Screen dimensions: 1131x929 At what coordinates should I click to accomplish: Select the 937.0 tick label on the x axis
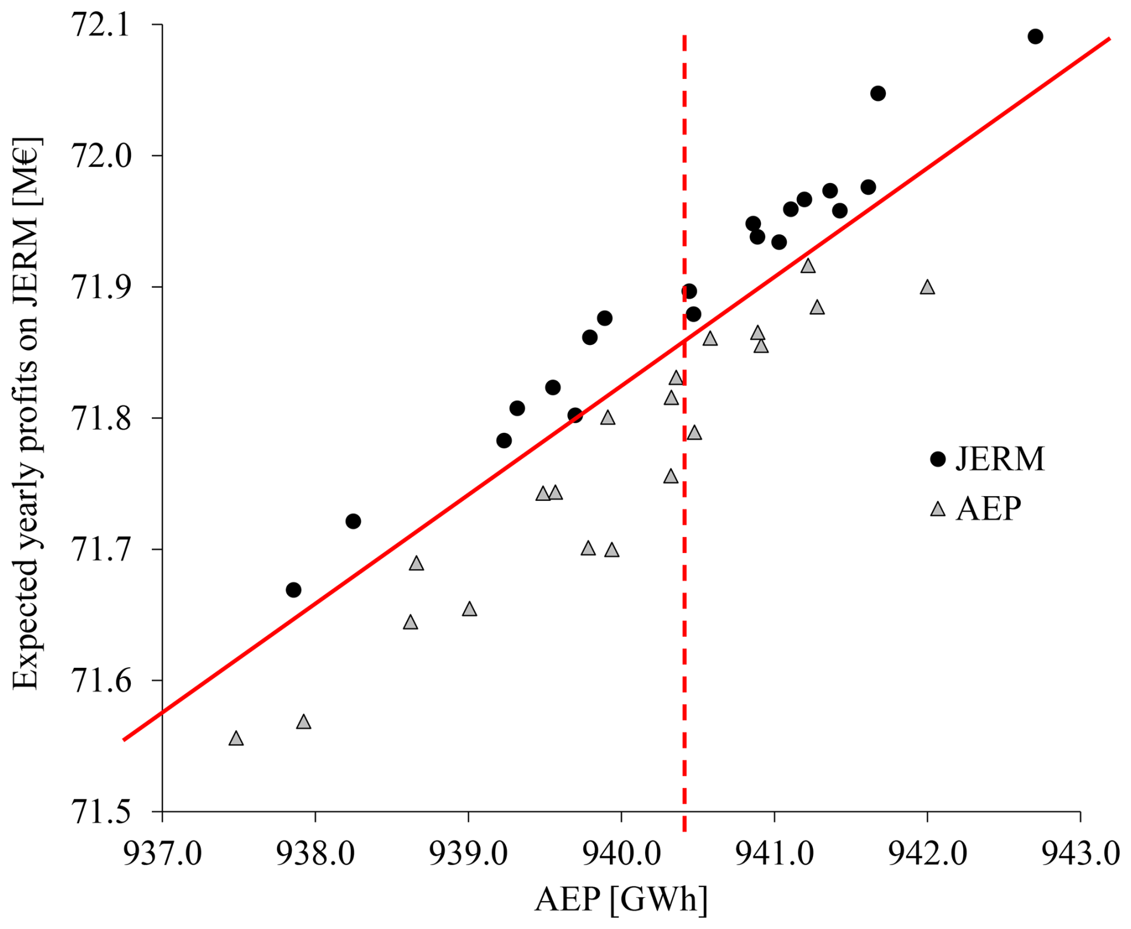[163, 854]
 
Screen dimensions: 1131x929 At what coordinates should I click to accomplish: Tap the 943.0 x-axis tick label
[1080, 854]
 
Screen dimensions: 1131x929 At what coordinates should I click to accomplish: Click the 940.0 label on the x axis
[621, 854]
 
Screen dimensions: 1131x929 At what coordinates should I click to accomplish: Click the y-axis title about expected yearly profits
[26, 413]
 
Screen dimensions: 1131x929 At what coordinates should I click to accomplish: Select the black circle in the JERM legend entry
[938, 459]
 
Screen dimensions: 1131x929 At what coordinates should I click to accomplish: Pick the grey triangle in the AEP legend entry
[938, 509]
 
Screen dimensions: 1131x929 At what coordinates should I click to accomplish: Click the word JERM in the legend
[1000, 459]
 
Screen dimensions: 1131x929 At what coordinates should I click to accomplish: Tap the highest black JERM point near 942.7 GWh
[1035, 36]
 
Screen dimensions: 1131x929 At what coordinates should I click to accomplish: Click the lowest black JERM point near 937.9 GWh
[294, 590]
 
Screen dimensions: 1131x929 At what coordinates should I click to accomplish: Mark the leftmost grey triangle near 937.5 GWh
[236, 738]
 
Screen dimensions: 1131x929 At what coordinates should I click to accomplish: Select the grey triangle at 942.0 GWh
[927, 287]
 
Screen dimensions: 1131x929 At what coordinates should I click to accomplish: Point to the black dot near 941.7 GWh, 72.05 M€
[878, 93]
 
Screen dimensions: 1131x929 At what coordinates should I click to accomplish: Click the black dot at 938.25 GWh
[353, 521]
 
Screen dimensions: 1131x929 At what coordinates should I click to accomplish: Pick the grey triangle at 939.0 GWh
[469, 609]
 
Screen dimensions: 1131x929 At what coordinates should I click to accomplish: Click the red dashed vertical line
[684, 433]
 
